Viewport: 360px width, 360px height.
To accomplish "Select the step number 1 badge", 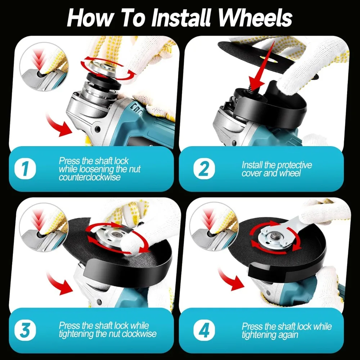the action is (25, 169).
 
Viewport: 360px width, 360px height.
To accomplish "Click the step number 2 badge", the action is (204, 169).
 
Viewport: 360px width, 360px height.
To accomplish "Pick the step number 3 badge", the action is (25, 331).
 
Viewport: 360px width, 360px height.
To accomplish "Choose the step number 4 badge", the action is (204, 331).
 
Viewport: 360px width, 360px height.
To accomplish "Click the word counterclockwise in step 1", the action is (90, 177).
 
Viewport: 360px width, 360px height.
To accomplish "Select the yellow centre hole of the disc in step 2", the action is (268, 59).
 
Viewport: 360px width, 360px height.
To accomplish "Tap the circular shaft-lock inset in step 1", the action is (44, 67).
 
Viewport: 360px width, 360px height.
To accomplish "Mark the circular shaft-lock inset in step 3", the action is (44, 227).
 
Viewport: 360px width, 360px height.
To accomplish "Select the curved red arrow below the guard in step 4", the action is (231, 279).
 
